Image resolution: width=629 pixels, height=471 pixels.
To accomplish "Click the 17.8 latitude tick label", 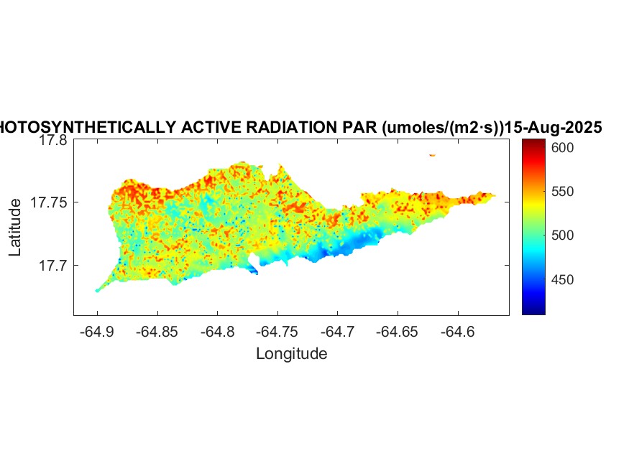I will click(52, 141).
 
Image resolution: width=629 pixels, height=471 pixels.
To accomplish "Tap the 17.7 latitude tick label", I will click(52, 266).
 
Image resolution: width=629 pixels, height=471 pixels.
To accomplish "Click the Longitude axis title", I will click(291, 353).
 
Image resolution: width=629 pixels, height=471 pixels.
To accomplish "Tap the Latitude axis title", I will click(15, 228).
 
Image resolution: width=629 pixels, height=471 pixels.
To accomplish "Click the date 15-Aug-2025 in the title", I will click(553, 128).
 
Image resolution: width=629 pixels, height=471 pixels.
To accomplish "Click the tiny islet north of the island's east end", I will click(432, 154).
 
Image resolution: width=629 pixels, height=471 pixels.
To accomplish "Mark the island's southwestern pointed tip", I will click(97, 290).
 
